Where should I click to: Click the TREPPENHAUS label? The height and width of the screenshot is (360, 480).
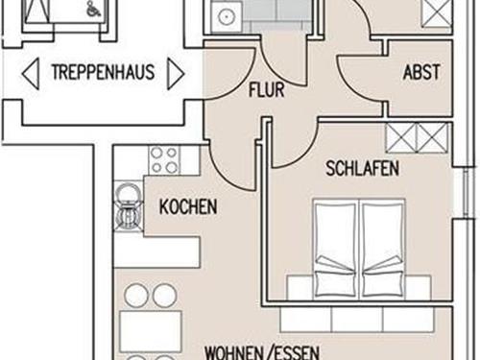104,72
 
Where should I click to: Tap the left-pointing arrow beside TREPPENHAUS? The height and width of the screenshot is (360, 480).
31,74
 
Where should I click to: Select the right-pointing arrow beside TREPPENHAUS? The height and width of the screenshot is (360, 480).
176,74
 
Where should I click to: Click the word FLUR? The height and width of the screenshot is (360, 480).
267,90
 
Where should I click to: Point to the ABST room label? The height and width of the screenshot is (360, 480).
421,72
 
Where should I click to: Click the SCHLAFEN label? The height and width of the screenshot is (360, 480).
362,168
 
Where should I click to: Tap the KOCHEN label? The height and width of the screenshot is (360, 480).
188,206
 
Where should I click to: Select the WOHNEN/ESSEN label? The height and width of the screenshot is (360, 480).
262,352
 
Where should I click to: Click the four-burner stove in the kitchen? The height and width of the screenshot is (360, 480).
164,160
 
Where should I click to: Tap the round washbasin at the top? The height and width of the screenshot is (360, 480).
227,15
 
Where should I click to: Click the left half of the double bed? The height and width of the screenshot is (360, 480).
335,249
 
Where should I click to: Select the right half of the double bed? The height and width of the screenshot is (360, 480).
383,249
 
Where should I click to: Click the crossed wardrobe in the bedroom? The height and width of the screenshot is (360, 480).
418,137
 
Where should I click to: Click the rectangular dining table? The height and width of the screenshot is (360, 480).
151,326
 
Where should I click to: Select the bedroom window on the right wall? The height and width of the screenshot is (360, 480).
467,193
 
